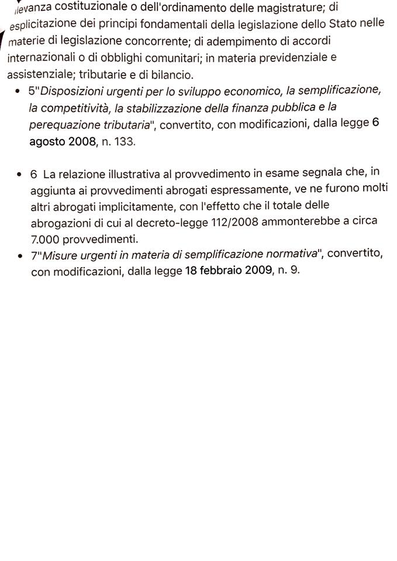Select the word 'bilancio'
(x=173, y=75)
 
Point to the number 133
(x=125, y=142)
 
